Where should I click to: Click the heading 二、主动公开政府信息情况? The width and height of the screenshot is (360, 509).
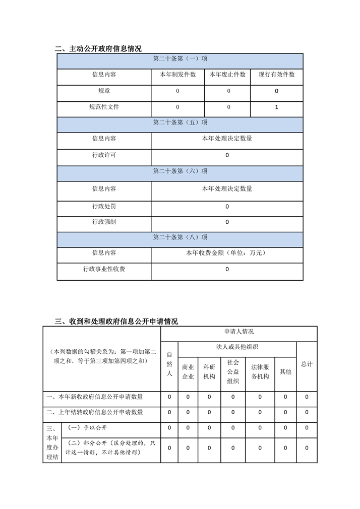coord(98,49)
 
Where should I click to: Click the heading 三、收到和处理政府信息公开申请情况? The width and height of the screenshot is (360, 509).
coord(116,322)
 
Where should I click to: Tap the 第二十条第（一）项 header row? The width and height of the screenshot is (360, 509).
coord(180,59)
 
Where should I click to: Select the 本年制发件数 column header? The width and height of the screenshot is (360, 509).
coord(177,75)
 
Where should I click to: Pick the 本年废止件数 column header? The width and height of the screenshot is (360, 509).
coord(228,75)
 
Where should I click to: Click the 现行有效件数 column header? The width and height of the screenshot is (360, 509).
coord(277,75)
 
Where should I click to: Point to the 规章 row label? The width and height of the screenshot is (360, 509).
coord(104,91)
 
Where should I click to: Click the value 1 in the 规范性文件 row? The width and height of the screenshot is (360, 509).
coord(277,107)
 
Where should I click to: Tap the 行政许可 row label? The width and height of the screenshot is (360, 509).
coord(104,155)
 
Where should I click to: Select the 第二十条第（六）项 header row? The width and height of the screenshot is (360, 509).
coord(180,171)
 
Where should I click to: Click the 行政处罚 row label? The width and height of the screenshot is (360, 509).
coord(104,206)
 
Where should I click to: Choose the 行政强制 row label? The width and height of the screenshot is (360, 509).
coord(104,222)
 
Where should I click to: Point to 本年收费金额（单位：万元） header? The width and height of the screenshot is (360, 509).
coord(226,253)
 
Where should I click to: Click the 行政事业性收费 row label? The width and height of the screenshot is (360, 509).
coord(104,269)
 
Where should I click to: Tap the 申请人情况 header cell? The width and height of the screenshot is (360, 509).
coord(238,332)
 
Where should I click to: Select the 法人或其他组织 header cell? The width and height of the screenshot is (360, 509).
coord(237,347)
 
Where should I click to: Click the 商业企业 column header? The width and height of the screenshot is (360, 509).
coord(188,372)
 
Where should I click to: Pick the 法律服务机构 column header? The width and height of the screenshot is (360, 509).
coord(260,372)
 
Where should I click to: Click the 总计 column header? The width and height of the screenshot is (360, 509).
coord(307,364)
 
